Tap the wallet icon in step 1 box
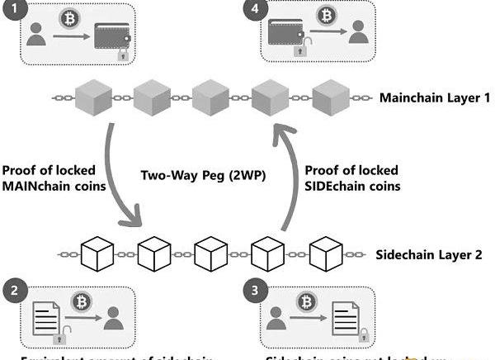(111, 36)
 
